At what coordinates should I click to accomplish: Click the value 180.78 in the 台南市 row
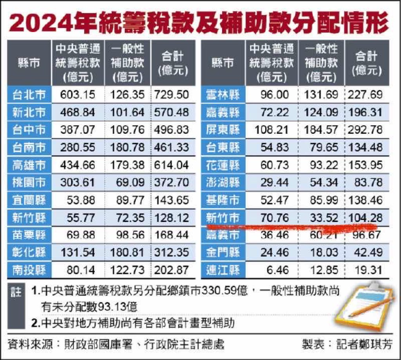coord(127,147)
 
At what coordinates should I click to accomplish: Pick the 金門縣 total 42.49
coord(368,253)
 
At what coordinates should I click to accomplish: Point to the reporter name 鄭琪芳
coord(377,345)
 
